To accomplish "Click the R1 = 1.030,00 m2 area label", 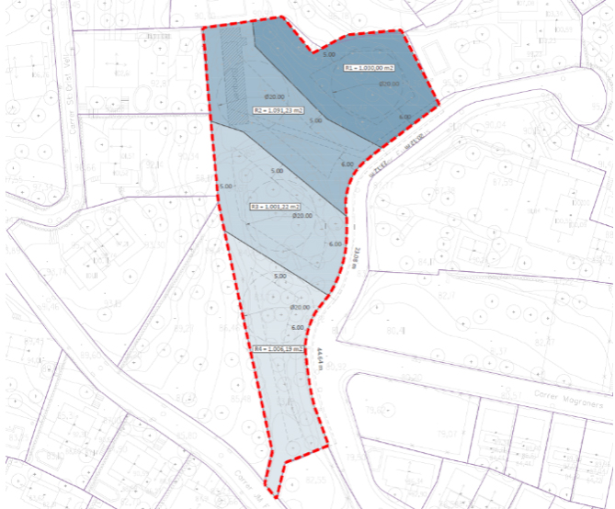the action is coord(369,68).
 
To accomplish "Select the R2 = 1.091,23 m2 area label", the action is coord(279,110).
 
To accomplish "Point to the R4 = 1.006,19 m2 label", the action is coord(279,349).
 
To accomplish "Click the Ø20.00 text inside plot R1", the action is coord(389,84).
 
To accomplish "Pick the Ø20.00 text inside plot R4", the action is coord(301,308).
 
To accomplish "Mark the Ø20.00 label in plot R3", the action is coord(302,216).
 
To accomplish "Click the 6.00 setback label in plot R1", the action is coord(404,118).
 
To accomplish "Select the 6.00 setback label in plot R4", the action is coord(297,327).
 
